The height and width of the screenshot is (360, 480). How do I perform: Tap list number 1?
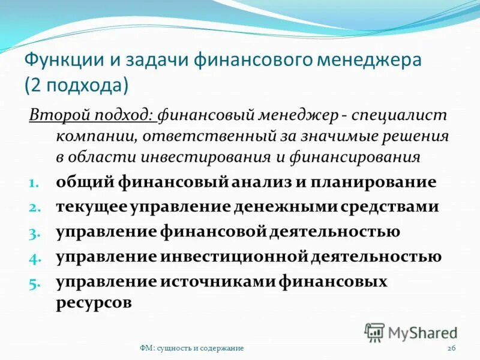[34, 182]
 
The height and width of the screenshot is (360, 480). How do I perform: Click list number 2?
[34, 208]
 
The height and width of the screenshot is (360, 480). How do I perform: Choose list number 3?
[34, 232]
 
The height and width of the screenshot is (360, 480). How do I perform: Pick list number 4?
[34, 257]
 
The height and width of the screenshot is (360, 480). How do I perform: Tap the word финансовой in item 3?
[214, 232]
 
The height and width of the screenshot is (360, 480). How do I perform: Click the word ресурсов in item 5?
[94, 302]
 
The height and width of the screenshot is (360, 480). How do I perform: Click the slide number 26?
[452, 349]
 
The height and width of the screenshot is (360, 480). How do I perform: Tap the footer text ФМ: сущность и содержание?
[191, 349]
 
